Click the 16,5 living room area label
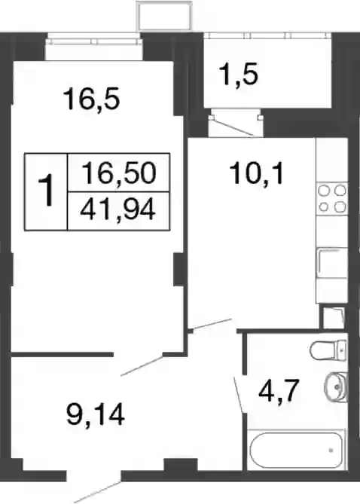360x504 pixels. (92, 99)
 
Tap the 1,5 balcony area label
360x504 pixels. (239, 75)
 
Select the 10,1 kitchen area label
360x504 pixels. (256, 174)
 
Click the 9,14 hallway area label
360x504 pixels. (96, 415)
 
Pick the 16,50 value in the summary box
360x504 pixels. (119, 173)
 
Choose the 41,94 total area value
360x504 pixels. (118, 210)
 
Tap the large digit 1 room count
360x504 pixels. (46, 191)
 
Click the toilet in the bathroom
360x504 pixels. (328, 350)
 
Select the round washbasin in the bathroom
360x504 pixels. (336, 386)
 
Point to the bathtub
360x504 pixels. (296, 450)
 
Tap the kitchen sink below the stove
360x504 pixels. (332, 264)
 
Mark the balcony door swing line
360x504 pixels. (236, 127)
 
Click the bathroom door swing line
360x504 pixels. (238, 394)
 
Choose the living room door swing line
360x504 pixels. (142, 365)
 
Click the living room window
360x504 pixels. (94, 41)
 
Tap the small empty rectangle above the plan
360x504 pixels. (164, 15)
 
